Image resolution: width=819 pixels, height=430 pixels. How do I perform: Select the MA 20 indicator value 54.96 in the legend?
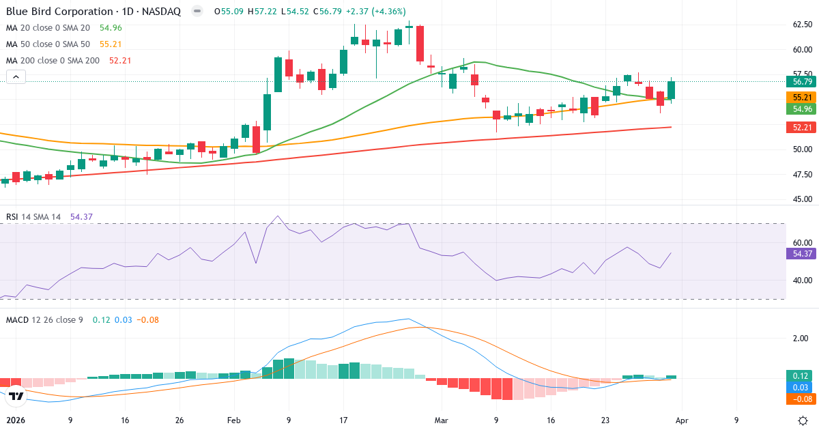click(111, 28)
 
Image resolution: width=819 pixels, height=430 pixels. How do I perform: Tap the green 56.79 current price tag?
click(800, 81)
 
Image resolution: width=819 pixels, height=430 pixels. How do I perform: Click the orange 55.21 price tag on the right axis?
click(800, 98)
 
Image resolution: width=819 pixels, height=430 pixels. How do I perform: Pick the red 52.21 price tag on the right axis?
click(800, 127)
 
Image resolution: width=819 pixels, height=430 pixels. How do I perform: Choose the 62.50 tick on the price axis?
click(802, 25)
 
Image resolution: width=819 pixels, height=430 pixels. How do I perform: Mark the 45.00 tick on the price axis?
click(802, 199)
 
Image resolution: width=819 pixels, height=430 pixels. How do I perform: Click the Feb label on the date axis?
click(234, 420)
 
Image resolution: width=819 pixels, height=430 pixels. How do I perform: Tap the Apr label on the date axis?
click(682, 420)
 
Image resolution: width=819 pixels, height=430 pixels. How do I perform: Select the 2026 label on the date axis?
click(16, 420)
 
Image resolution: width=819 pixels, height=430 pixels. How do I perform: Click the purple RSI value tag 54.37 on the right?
click(800, 253)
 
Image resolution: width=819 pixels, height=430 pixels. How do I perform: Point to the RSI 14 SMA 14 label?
click(33, 217)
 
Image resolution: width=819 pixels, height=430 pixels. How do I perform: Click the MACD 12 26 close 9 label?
click(46, 320)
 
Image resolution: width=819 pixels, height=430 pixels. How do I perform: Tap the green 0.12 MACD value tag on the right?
click(800, 375)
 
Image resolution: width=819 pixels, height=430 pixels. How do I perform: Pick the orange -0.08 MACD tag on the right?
click(800, 399)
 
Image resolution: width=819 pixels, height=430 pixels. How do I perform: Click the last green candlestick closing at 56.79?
click(672, 91)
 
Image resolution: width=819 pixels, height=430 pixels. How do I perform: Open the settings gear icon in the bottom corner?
click(804, 420)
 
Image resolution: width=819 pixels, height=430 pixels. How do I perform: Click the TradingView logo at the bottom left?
click(16, 396)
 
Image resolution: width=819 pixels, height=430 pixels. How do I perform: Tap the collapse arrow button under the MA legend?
click(16, 77)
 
